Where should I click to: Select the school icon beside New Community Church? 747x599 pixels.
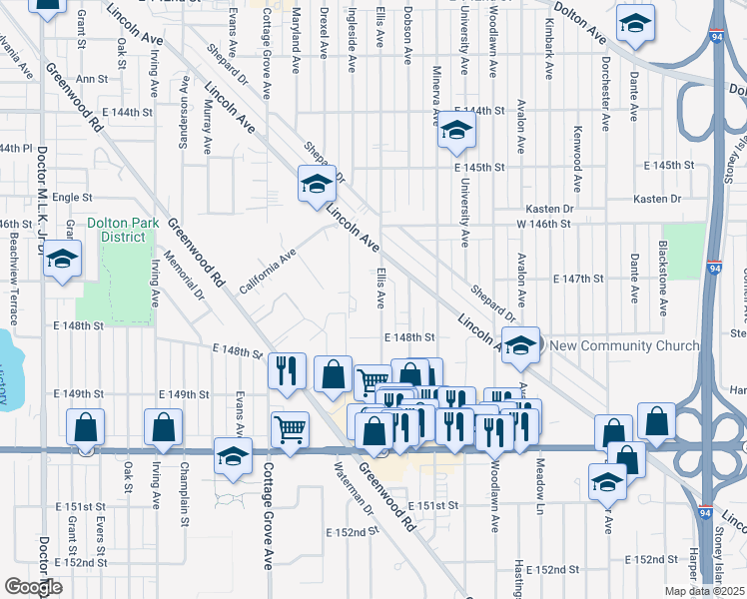520,345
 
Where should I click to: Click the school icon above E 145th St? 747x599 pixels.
456,132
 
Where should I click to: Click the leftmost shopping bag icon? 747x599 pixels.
86,427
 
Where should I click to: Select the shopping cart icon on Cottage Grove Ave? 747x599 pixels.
290,430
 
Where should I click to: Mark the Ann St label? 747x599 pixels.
92,78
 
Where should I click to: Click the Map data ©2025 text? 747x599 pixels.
706,591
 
